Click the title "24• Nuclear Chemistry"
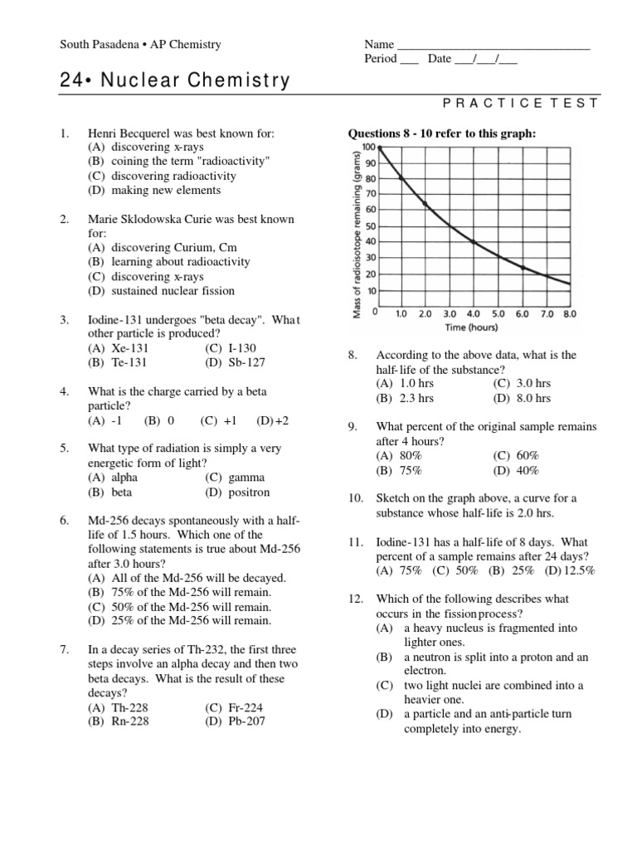[175, 80]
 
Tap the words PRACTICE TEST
[521, 103]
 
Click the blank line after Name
[494, 45]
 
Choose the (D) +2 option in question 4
[272, 420]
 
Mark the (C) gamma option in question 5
[235, 478]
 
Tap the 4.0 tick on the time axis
[473, 315]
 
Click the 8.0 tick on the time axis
[569, 315]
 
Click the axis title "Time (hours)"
[470, 327]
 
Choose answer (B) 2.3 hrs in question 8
[405, 398]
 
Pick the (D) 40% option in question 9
[516, 470]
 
